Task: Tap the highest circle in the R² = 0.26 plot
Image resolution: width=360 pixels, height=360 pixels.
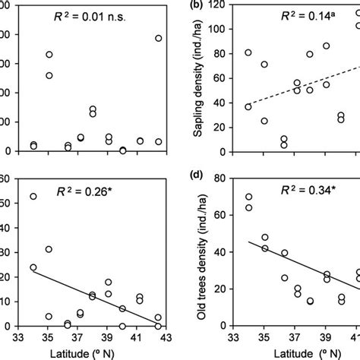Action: (33, 197)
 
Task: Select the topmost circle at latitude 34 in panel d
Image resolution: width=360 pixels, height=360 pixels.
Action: (249, 197)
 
